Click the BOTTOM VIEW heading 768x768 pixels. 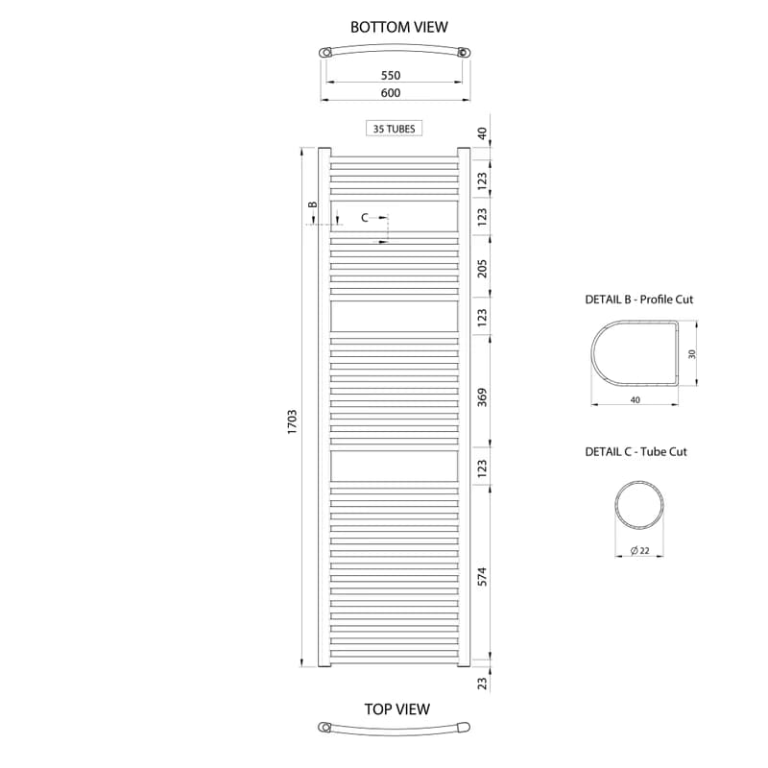click(x=398, y=27)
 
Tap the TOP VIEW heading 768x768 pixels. click(x=397, y=708)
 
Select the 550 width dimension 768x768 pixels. click(x=391, y=75)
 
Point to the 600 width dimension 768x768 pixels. click(x=391, y=92)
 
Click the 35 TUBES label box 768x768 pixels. click(x=394, y=129)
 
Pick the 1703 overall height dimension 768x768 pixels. click(x=292, y=421)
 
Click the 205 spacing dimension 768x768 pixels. click(x=483, y=269)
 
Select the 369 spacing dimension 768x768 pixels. click(x=483, y=396)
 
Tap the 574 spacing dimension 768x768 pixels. click(x=483, y=577)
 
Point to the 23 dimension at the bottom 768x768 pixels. click(x=483, y=684)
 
